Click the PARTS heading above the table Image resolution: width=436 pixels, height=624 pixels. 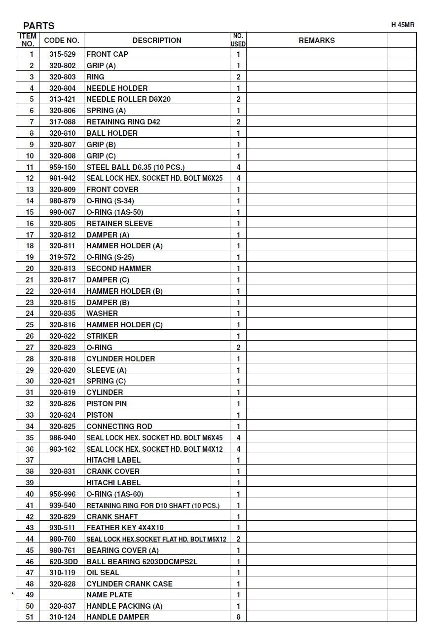(38, 26)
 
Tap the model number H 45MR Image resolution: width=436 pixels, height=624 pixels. (403, 25)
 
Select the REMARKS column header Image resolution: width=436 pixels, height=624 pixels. (317, 40)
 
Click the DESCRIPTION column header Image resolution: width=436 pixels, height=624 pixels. (157, 40)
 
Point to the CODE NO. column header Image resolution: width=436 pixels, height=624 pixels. (62, 40)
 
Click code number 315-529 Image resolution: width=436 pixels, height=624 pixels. (63, 54)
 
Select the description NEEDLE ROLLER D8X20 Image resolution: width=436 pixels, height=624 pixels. (129, 99)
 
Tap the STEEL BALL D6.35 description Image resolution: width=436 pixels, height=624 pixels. (136, 167)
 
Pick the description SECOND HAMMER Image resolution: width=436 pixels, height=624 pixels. (119, 269)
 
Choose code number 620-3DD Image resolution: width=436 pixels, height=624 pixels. (63, 561)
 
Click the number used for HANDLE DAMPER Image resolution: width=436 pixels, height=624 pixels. (238, 617)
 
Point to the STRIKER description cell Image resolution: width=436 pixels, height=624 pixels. (102, 336)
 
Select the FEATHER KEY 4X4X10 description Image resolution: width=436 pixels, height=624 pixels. (125, 528)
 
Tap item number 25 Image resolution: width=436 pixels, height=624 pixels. (30, 325)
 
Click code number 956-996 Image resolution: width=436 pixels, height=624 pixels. (63, 494)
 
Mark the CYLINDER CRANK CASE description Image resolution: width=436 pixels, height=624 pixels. (129, 584)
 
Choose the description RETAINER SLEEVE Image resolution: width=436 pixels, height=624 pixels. (119, 224)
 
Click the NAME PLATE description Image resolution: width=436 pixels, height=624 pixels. (109, 595)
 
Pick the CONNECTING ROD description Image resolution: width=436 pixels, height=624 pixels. (119, 427)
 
